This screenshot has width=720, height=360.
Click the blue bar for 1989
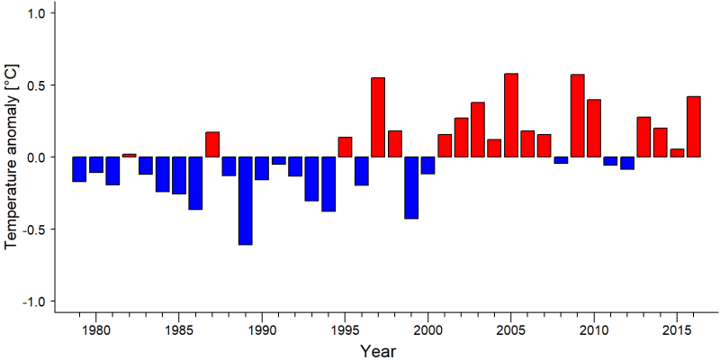245,201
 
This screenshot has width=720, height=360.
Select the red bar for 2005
511,115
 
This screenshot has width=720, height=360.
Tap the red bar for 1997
378,117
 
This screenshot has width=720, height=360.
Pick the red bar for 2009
578,115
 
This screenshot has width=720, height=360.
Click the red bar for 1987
212,144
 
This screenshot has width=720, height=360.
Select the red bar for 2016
694,126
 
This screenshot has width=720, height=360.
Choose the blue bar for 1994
328,184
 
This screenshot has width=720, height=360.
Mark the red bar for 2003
478,130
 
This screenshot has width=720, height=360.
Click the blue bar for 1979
79,169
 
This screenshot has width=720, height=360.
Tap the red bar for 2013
643,137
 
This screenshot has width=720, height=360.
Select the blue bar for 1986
195,184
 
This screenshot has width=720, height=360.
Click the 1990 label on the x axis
262,329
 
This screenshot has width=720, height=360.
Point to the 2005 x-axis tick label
511,329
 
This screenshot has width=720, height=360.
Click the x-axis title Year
377,351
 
